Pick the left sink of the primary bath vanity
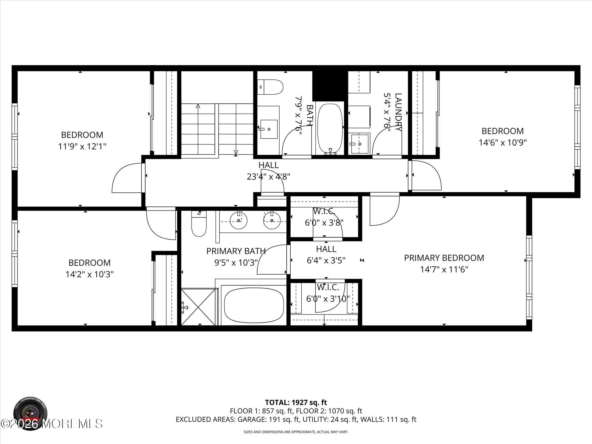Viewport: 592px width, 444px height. (x=239, y=220)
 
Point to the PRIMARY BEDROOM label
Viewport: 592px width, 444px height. (x=444, y=258)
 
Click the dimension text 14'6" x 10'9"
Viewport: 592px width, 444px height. (x=502, y=143)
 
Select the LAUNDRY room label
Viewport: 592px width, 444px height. (x=398, y=112)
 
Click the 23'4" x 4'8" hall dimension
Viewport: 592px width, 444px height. (x=268, y=177)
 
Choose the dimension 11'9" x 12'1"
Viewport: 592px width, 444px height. (x=82, y=147)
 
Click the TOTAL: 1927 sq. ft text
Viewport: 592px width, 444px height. (x=296, y=410)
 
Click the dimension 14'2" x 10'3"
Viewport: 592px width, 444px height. (x=89, y=274)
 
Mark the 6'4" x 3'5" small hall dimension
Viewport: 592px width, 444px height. (x=326, y=260)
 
